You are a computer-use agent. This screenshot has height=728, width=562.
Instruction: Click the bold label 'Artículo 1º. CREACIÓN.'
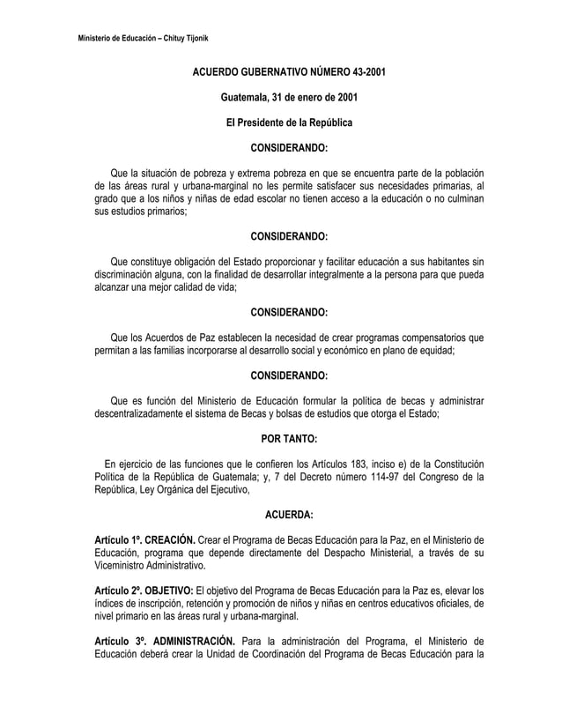coord(145,539)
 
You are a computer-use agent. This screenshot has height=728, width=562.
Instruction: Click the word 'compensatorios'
coord(426,337)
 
